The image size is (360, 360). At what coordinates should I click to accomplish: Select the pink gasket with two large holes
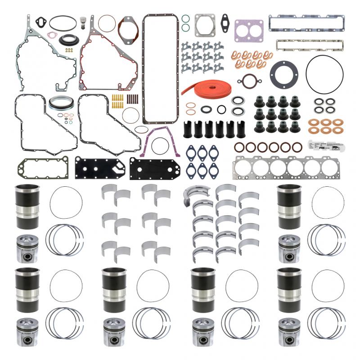[249, 30]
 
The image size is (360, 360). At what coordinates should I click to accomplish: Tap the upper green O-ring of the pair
[185, 19]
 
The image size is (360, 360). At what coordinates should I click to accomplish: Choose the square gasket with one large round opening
[205, 26]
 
